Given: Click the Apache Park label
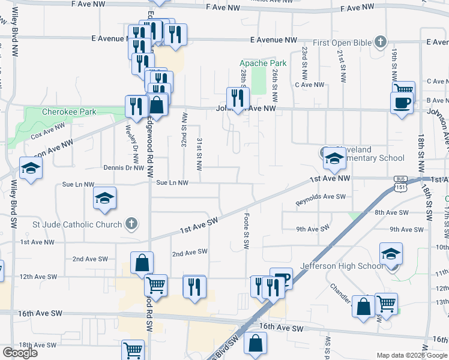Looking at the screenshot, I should pyautogui.click(x=263, y=63).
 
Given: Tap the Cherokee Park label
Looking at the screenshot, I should pyautogui.click(x=69, y=112).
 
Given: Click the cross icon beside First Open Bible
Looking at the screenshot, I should pyautogui.click(x=379, y=42).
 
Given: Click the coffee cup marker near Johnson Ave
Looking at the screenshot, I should pyautogui.click(x=401, y=102).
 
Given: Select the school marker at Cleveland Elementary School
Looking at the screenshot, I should pyautogui.click(x=334, y=158).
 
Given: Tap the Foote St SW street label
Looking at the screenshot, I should pyautogui.click(x=246, y=231).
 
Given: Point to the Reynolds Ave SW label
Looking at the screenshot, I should pyautogui.click(x=321, y=200).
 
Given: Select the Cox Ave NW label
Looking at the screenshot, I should pyautogui.click(x=47, y=130).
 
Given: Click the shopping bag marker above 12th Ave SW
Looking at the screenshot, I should pyautogui.click(x=142, y=262).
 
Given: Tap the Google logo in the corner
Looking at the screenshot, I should pyautogui.click(x=20, y=353).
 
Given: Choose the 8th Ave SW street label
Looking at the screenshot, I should pyautogui.click(x=391, y=212).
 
